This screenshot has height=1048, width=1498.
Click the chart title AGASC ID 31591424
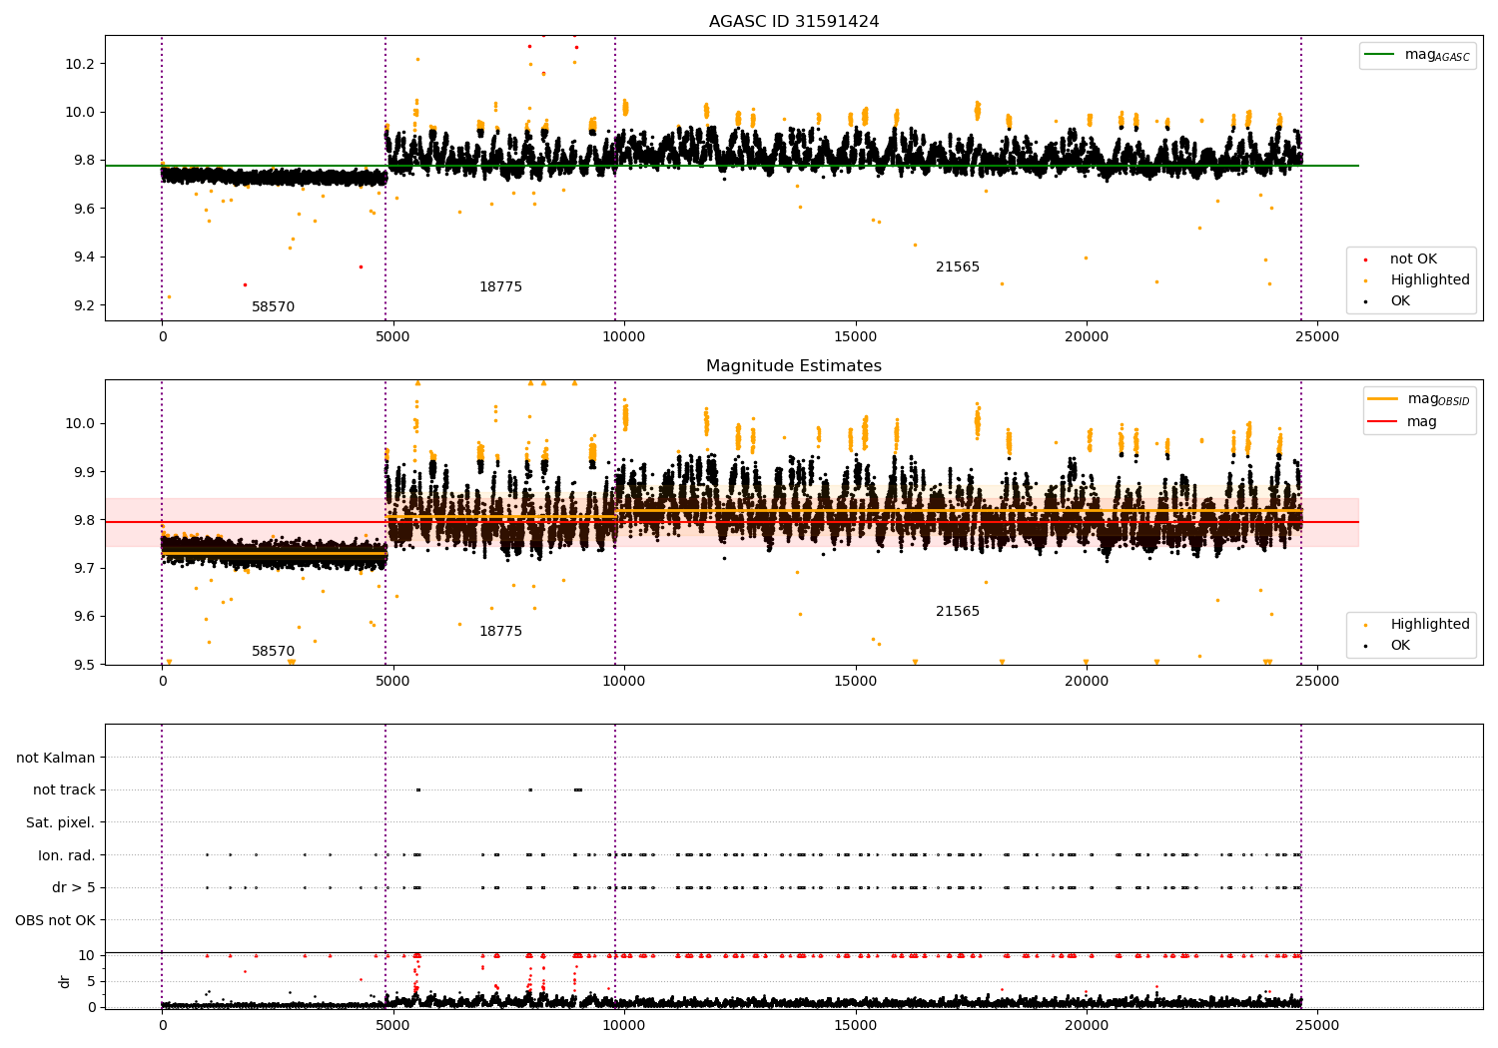(794, 22)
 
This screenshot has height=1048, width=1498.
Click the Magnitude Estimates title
(794, 366)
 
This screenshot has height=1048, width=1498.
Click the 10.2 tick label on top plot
(80, 64)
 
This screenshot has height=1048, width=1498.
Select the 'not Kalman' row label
(56, 758)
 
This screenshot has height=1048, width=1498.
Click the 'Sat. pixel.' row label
(60, 822)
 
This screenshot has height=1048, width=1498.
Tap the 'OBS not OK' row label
(55, 920)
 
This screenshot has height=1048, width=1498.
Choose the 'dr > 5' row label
(73, 887)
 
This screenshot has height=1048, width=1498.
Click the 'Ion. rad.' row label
(67, 855)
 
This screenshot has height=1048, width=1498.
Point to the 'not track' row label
(64, 789)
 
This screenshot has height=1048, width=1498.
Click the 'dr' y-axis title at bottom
(65, 981)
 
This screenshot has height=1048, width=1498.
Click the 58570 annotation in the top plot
(273, 307)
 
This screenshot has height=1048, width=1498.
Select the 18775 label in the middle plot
(500, 632)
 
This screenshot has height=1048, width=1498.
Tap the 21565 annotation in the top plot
(957, 267)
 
